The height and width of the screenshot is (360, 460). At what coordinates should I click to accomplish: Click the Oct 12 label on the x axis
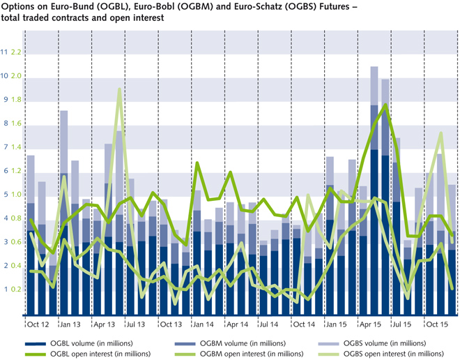(x=38, y=324)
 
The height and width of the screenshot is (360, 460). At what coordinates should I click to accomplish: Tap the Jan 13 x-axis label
(x=70, y=324)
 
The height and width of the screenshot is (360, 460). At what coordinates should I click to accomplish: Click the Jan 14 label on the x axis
(x=203, y=324)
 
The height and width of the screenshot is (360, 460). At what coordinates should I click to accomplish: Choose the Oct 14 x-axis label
(x=303, y=324)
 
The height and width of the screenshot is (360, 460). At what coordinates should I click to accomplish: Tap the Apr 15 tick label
(x=369, y=324)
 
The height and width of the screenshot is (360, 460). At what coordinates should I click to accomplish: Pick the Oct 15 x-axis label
(x=436, y=324)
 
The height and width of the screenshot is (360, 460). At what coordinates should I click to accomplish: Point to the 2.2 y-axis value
(x=17, y=52)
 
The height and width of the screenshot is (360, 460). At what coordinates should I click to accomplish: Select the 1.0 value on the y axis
(x=17, y=195)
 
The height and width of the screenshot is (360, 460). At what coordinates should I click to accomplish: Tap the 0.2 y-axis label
(x=17, y=290)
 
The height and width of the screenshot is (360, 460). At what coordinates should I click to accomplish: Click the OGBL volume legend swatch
(x=37, y=343)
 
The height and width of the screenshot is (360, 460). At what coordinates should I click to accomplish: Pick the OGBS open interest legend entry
(x=389, y=354)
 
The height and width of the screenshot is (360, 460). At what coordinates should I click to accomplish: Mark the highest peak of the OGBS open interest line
(x=120, y=89)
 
